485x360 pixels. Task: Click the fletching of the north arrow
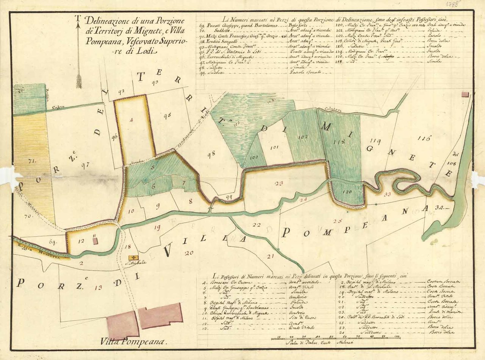tap(79, 81)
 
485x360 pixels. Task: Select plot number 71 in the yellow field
tap(31, 161)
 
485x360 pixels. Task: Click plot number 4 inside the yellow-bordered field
tap(131, 120)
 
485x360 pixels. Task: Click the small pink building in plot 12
tap(95, 240)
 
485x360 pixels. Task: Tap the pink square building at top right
tap(465, 94)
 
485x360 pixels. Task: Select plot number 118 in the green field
tap(339, 142)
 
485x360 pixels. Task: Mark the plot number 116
tap(424, 138)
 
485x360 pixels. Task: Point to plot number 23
tap(278, 184)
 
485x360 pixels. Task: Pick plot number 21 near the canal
tap(270, 256)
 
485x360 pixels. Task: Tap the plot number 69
tap(53, 242)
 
